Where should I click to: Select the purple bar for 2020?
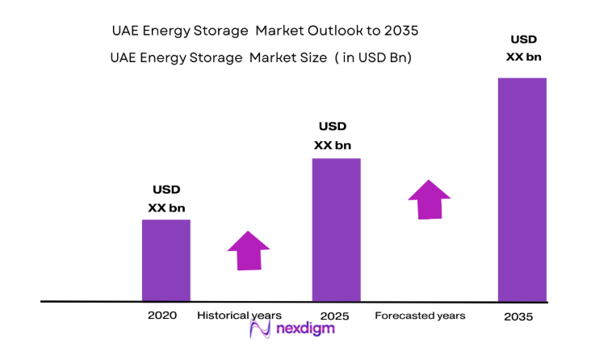pos(166,260)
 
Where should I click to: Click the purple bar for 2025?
pos(336,229)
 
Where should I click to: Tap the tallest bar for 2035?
pos(522,190)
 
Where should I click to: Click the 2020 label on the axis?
pos(161,315)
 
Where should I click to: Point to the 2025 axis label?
pos(333,315)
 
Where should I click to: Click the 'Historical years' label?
pos(239,315)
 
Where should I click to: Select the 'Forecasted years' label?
pos(420,316)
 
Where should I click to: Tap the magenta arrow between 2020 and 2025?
pos(248,250)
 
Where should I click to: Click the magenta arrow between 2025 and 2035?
pos(429,199)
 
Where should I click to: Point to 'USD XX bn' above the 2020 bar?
pos(166,199)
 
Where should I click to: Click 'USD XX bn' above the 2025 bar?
pos(333,136)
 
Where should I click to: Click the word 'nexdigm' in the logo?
pos(304,330)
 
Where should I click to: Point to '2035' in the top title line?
pos(400,31)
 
